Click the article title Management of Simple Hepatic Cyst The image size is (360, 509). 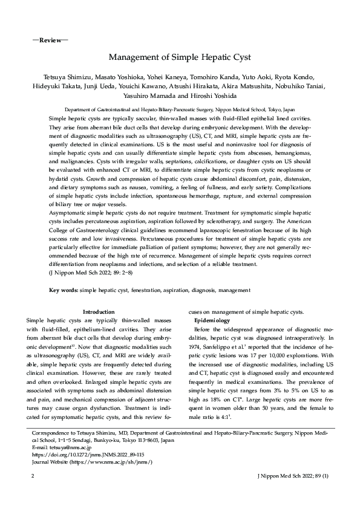(x=180, y=58)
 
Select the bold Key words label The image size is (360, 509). (x=64, y=291)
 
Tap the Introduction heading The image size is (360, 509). (x=98, y=311)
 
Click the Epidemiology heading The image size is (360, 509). (x=212, y=319)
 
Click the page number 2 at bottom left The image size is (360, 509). (x=31, y=477)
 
